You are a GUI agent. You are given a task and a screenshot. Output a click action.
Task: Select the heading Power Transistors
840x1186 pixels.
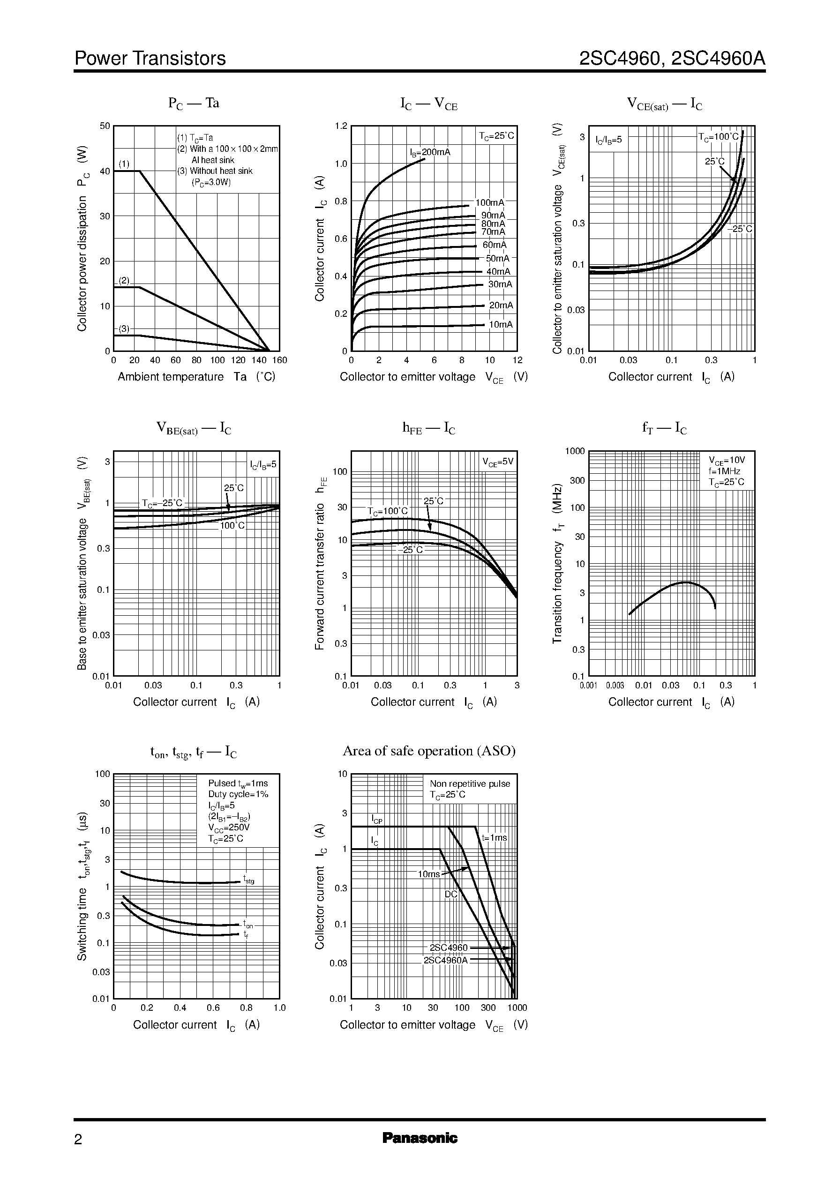click(150, 59)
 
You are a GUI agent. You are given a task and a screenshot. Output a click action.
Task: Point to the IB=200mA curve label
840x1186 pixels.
click(430, 152)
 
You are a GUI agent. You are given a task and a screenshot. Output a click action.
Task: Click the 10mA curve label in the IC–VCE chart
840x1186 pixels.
click(501, 325)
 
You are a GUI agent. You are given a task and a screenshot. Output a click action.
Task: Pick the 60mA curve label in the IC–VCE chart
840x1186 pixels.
click(495, 245)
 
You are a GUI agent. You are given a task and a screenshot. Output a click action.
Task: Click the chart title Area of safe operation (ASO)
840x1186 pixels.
click(429, 751)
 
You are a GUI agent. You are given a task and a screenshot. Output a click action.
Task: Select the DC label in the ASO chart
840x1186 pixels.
click(451, 895)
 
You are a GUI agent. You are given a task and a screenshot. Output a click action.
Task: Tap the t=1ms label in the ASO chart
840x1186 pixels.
click(494, 837)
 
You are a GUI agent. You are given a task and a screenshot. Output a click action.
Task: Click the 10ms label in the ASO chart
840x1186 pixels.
click(428, 874)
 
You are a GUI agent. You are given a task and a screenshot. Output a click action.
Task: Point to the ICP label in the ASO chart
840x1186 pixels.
click(376, 820)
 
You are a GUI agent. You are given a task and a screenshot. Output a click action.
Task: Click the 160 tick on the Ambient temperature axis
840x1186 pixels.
click(279, 360)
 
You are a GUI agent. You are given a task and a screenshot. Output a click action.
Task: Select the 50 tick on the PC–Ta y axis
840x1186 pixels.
click(105, 126)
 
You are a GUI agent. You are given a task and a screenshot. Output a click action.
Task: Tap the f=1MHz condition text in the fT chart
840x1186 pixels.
click(724, 471)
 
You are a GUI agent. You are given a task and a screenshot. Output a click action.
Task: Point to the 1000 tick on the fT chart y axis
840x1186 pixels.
click(575, 451)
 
